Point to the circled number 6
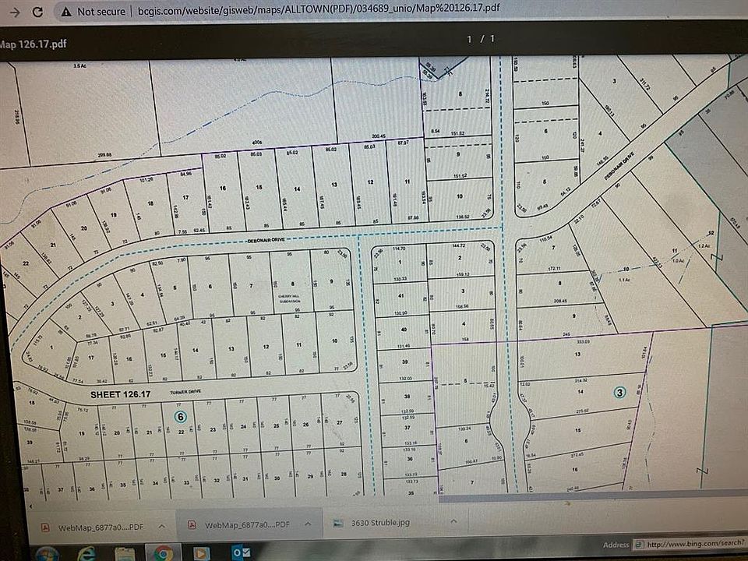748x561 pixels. click(181, 416)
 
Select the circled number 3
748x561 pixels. click(619, 392)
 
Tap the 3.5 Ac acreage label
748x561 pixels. click(79, 65)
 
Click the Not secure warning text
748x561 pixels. click(101, 11)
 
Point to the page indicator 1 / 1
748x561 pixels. click(481, 38)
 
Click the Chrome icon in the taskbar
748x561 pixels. click(163, 552)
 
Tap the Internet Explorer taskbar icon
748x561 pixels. click(87, 552)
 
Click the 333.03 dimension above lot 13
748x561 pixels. click(577, 340)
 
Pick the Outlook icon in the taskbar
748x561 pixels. click(200, 552)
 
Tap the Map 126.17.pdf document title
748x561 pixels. click(34, 44)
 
